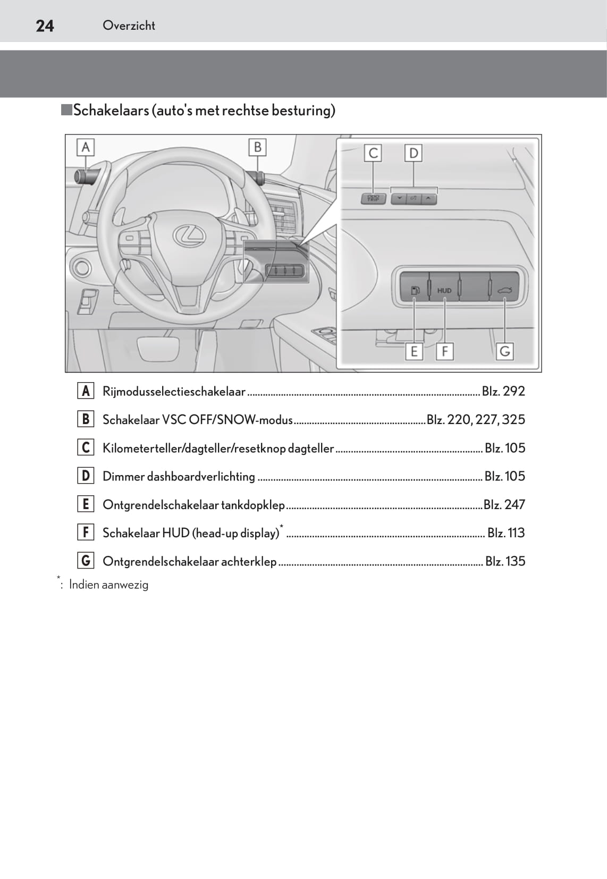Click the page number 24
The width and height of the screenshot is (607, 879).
pyautogui.click(x=45, y=26)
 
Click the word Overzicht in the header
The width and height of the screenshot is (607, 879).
pyautogui.click(x=129, y=26)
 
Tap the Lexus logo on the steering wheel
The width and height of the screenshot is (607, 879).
pyautogui.click(x=189, y=234)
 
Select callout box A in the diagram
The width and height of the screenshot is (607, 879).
pyautogui.click(x=85, y=147)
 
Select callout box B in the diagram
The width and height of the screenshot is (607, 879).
pyautogui.click(x=257, y=147)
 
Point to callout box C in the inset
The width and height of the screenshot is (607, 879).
pyautogui.click(x=373, y=153)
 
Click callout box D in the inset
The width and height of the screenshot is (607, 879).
pyautogui.click(x=413, y=153)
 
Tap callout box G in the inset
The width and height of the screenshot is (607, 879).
pyautogui.click(x=504, y=351)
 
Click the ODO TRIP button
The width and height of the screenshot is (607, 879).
pyautogui.click(x=373, y=199)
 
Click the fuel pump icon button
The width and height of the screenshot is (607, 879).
pyautogui.click(x=415, y=290)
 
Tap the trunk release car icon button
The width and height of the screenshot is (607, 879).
pyautogui.click(x=504, y=290)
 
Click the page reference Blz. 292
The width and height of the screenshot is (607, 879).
pyautogui.click(x=503, y=391)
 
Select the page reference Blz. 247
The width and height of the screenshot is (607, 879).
pyautogui.click(x=504, y=504)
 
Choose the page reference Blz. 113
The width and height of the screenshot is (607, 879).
pyautogui.click(x=506, y=533)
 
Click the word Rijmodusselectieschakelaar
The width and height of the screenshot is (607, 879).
pyautogui.click(x=174, y=392)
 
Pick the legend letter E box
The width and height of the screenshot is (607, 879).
pyautogui.click(x=86, y=504)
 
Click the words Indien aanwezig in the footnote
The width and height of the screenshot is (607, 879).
pyautogui.click(x=108, y=585)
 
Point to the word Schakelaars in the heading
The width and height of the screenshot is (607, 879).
pyautogui.click(x=111, y=111)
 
